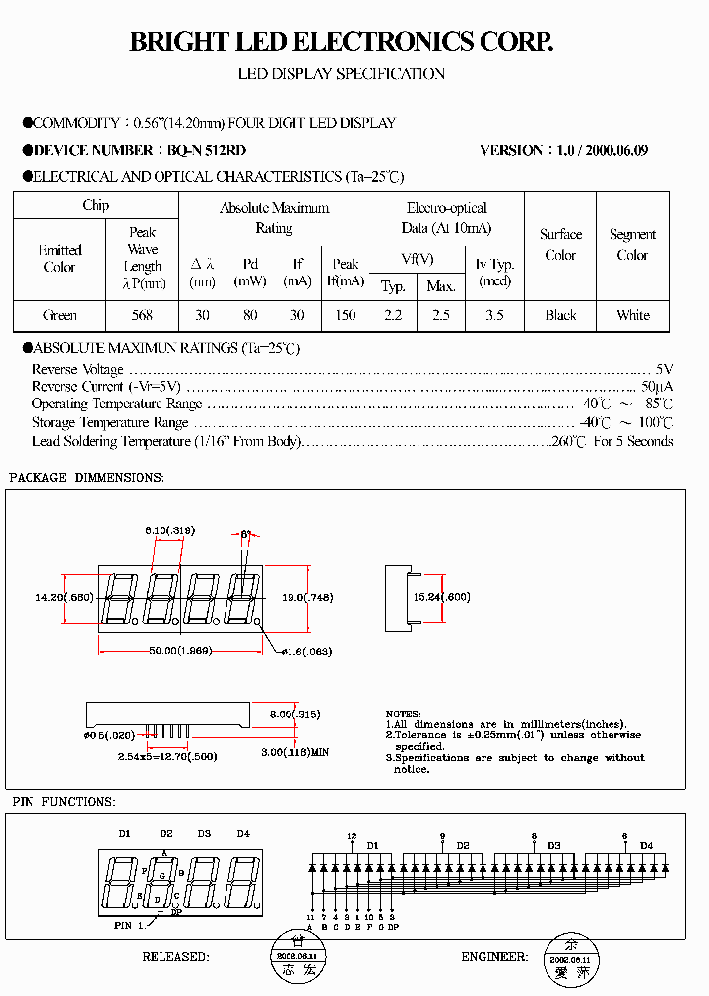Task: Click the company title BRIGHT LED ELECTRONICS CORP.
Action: pos(342,42)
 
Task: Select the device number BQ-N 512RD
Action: pos(206,151)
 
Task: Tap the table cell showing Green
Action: pos(60,315)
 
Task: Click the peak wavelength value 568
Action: pos(143,315)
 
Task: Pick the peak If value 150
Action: pos(345,315)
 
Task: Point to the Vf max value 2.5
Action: pos(440,315)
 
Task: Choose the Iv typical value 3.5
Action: pos(494,315)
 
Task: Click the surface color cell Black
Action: pos(560,315)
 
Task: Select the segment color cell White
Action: pos(632,315)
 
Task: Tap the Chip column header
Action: pos(96,205)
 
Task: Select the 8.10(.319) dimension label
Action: pos(169,530)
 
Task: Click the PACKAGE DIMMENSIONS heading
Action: pos(86,477)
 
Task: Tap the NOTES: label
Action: pos(403,714)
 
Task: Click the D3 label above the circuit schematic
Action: pos(554,845)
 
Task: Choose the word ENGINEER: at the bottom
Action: pos(494,957)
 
